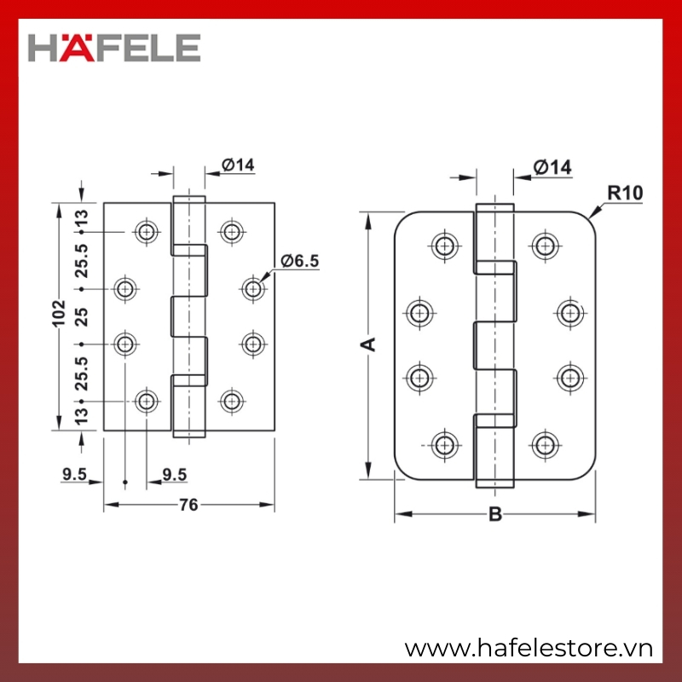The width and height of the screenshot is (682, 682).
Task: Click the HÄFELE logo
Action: pyautogui.click(x=114, y=48)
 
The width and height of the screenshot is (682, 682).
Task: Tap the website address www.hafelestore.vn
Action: pyautogui.click(x=529, y=649)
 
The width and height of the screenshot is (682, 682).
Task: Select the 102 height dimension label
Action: pyautogui.click(x=58, y=313)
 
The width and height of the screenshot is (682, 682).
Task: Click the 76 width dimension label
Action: pyautogui.click(x=188, y=505)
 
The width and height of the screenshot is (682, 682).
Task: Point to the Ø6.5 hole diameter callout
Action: pyautogui.click(x=300, y=261)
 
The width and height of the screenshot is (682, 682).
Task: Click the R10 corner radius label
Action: pyautogui.click(x=625, y=193)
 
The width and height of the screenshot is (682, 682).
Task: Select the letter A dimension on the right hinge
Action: pyautogui.click(x=368, y=344)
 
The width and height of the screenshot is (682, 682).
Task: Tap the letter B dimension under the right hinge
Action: pyautogui.click(x=495, y=514)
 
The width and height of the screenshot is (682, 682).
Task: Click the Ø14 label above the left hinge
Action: pyautogui.click(x=238, y=165)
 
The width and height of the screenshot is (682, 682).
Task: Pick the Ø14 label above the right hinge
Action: pyautogui.click(x=552, y=167)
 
